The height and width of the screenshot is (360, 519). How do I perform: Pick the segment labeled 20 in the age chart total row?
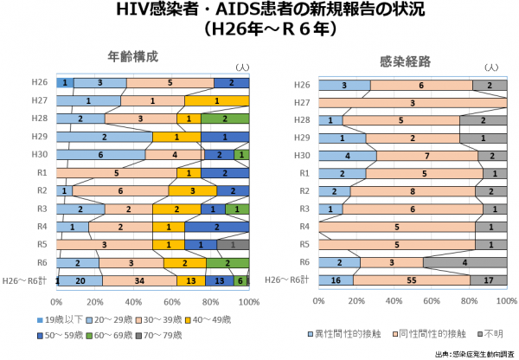pos(80,280)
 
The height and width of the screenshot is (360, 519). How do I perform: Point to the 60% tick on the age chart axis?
pos(172,301)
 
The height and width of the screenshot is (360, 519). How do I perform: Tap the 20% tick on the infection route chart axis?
pos(356,301)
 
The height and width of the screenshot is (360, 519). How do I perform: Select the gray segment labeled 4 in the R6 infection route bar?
pos(465,262)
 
